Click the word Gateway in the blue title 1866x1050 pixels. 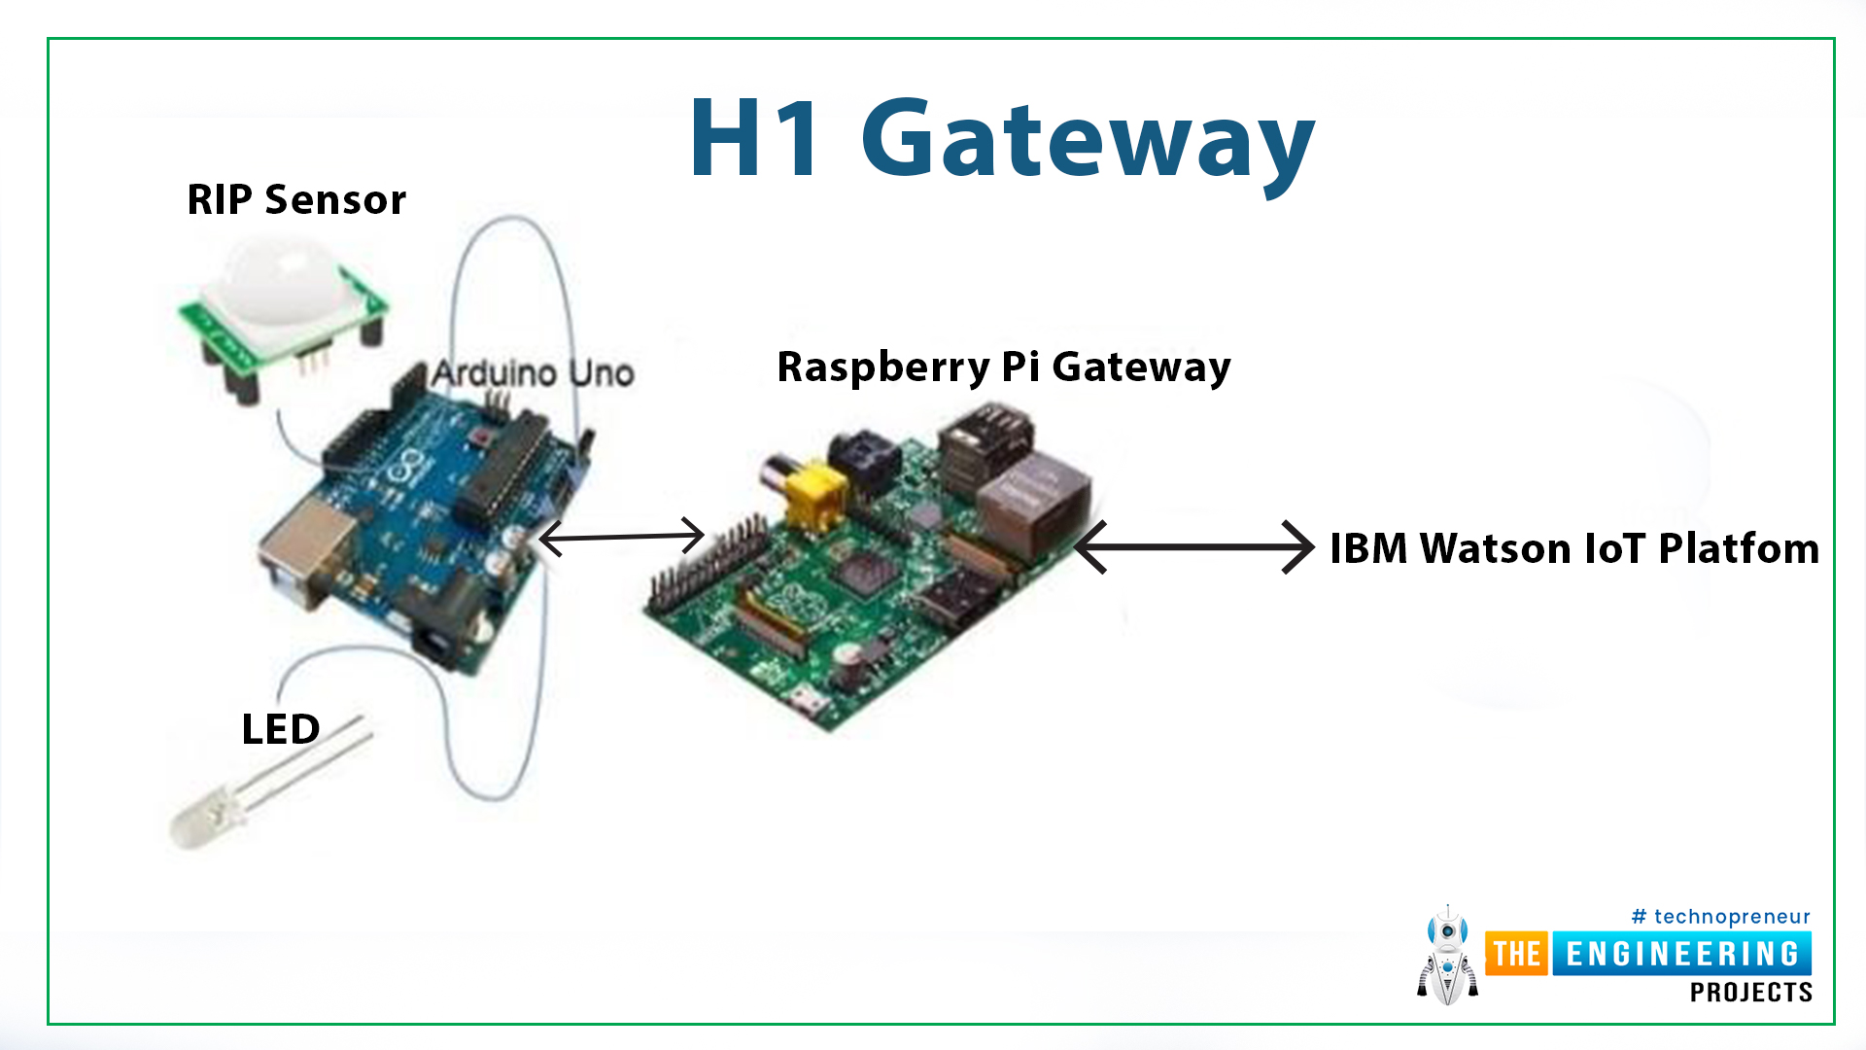pyautogui.click(x=1088, y=144)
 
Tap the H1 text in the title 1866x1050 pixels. pyautogui.click(x=755, y=138)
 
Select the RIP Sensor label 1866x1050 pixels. pyautogui.click(x=296, y=200)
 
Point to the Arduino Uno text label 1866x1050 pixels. pyautogui.click(x=533, y=372)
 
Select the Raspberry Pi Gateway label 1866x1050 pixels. pyautogui.click(x=1004, y=367)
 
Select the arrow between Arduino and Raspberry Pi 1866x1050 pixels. pyautogui.click(x=621, y=537)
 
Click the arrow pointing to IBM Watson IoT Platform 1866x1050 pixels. pyautogui.click(x=1194, y=547)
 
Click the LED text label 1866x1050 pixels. pyautogui.click(x=280, y=729)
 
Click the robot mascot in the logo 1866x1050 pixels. pyautogui.click(x=1447, y=956)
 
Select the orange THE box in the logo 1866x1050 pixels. pyautogui.click(x=1517, y=954)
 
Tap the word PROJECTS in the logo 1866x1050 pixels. pyautogui.click(x=1750, y=993)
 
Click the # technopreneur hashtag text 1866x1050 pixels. pyautogui.click(x=1720, y=917)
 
